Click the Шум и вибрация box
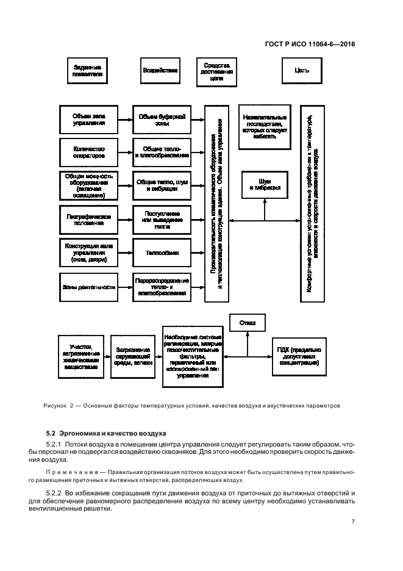pyautogui.click(x=265, y=185)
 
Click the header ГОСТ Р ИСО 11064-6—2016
pyautogui.click(x=310, y=44)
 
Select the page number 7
pyautogui.click(x=353, y=522)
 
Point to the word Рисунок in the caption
pyautogui.click(x=55, y=405)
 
